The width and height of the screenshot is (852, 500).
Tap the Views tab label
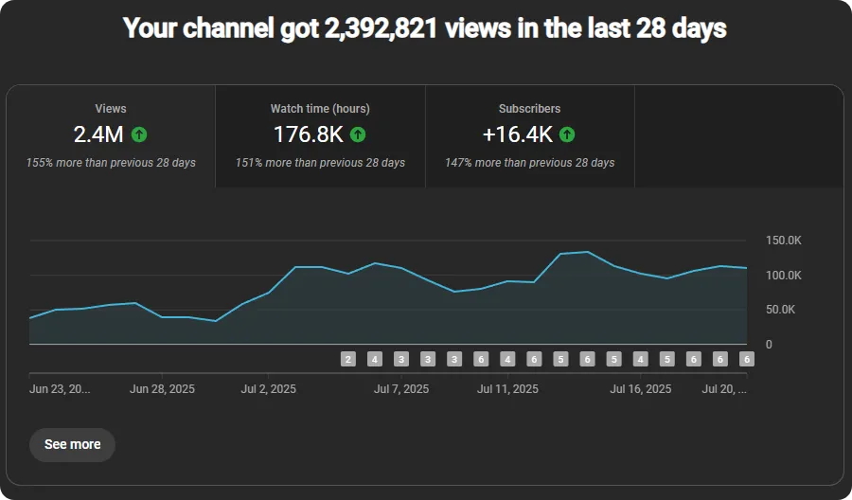[111, 109]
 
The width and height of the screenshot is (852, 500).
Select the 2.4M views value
[98, 134]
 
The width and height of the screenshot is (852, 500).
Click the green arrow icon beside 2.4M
[139, 134]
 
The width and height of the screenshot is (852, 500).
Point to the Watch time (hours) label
[320, 109]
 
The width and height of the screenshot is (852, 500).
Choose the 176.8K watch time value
[308, 134]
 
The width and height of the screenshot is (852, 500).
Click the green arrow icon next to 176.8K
[357, 134]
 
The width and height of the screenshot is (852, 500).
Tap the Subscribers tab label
[529, 109]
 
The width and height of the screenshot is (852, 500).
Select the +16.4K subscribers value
[517, 134]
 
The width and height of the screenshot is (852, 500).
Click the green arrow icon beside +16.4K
[567, 134]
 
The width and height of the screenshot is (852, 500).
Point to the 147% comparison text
[529, 163]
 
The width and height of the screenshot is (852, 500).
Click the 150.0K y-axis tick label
[783, 241]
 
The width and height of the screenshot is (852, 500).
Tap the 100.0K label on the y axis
[783, 276]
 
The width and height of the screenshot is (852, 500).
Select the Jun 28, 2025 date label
[162, 389]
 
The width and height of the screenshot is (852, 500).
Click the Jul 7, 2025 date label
[401, 389]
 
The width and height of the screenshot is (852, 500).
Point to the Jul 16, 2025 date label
[641, 389]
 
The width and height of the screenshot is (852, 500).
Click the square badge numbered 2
[348, 359]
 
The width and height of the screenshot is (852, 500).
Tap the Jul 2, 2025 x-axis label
[269, 389]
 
